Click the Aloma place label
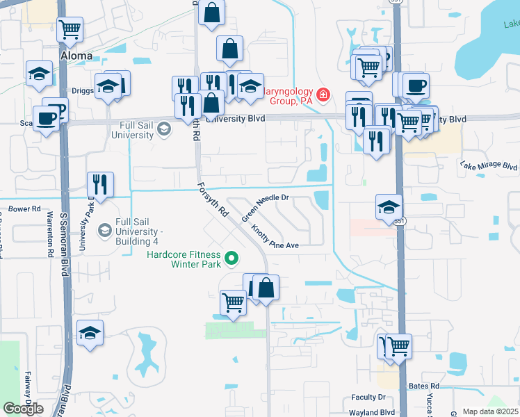tap(76, 56)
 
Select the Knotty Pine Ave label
tap(275, 236)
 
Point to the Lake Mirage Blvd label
tap(489, 167)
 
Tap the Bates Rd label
tap(424, 386)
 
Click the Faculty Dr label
tap(368, 398)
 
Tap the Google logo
tap(23, 409)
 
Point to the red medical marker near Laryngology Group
tap(323, 95)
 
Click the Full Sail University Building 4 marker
tap(105, 229)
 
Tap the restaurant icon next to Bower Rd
tap(100, 184)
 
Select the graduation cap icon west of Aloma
tap(40, 73)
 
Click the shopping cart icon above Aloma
tap(70, 29)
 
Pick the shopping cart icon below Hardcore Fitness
tap(233, 302)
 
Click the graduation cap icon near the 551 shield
tap(389, 206)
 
